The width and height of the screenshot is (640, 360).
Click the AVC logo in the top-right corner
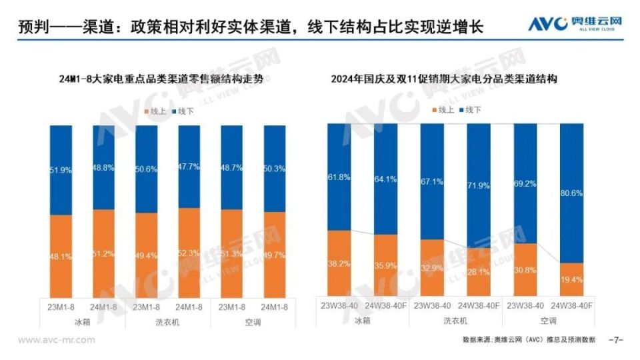[x=575, y=24]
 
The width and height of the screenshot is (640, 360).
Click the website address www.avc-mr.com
[x=56, y=340]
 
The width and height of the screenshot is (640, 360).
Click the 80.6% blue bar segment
[x=571, y=193]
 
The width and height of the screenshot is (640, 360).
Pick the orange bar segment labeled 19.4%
[x=571, y=279]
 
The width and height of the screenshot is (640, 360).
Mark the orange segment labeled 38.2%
[x=339, y=263]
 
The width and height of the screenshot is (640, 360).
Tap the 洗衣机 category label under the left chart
[x=167, y=321]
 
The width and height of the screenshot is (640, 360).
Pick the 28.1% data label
[x=478, y=272]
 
